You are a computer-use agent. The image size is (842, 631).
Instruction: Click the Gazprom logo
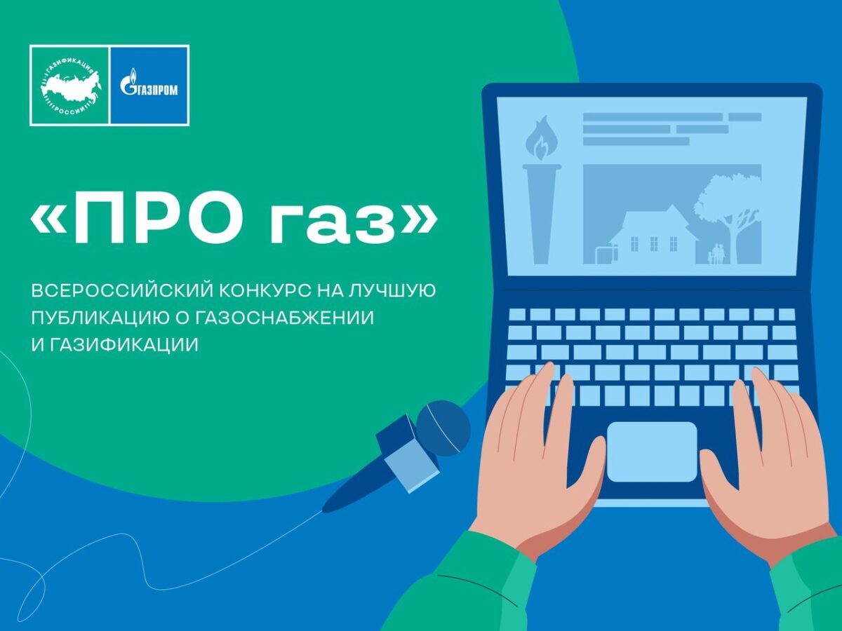pyautogui.click(x=149, y=85)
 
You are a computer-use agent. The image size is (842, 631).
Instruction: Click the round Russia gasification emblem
pyautogui.click(x=70, y=86)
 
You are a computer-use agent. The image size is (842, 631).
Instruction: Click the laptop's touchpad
pyautogui.click(x=652, y=452)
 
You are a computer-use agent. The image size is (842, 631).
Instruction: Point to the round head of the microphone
pyautogui.click(x=443, y=428)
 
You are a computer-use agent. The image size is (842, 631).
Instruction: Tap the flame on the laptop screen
pyautogui.click(x=542, y=138)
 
